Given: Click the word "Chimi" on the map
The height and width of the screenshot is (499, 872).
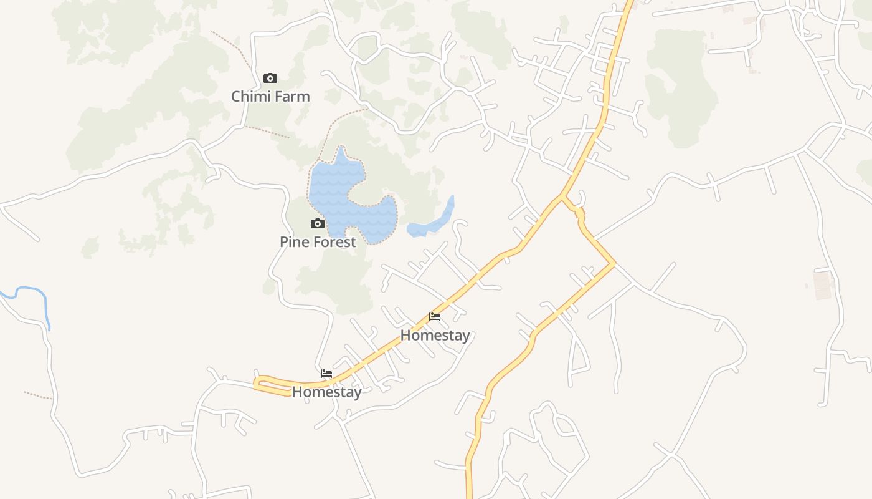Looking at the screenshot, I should [249, 97].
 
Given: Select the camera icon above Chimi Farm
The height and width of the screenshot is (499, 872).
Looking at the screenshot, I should [270, 78].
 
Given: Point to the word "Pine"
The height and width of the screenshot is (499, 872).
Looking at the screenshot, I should [293, 242].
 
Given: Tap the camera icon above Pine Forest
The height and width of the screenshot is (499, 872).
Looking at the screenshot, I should [318, 223].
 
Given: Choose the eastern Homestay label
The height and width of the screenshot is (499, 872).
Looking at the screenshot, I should [435, 335].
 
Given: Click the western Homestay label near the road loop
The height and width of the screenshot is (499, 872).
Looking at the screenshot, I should [326, 392].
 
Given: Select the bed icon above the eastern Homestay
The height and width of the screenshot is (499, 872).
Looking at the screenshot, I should [435, 317].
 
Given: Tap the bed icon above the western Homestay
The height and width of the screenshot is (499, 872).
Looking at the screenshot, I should [326, 374].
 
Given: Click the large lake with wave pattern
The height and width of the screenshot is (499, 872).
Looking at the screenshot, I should [339, 187].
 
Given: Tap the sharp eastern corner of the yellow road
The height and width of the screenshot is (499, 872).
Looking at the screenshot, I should [614, 264].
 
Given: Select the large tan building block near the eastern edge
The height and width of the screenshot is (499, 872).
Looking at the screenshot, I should [823, 285].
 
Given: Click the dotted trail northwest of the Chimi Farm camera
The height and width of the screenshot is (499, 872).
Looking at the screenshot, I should [232, 47].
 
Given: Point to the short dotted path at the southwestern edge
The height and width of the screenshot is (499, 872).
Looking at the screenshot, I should [37, 395].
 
